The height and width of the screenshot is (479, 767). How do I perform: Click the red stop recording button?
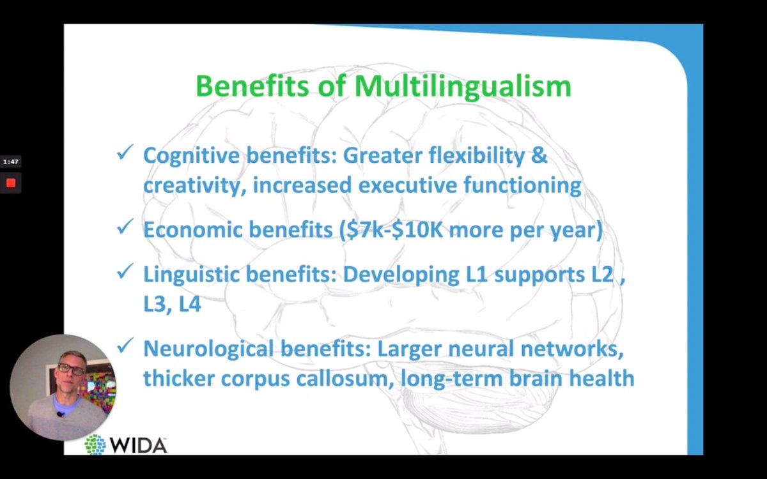(x=10, y=183)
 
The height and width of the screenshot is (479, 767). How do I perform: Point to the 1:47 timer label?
(x=10, y=162)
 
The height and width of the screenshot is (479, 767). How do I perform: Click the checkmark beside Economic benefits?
(x=125, y=227)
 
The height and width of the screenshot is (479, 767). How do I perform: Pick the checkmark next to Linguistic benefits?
(x=125, y=272)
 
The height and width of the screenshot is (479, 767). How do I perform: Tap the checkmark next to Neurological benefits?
(x=125, y=346)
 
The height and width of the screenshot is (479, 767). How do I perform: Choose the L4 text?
(x=190, y=304)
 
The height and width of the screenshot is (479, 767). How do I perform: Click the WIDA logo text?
(x=137, y=445)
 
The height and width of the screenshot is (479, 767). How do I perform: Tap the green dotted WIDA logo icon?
(x=95, y=445)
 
